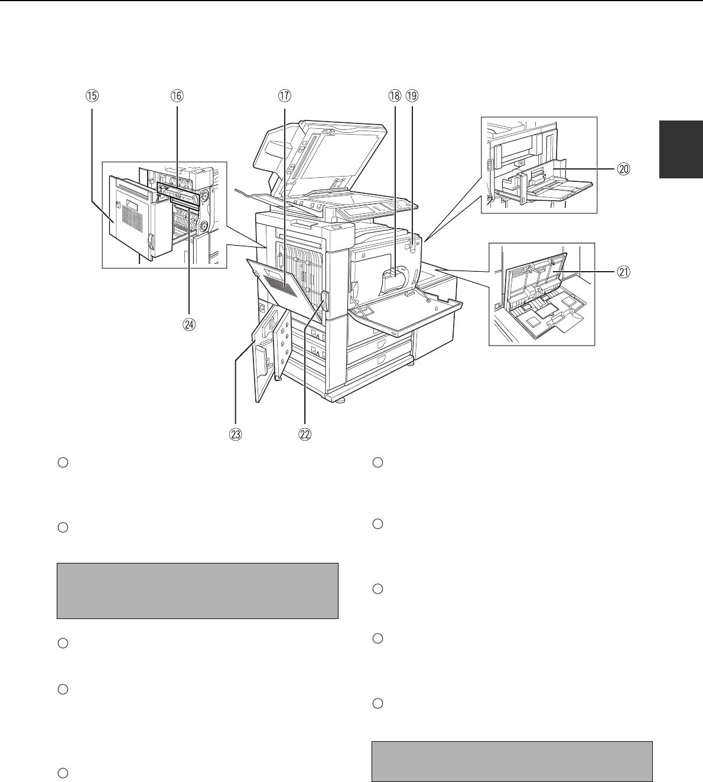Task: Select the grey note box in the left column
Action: [x=197, y=591]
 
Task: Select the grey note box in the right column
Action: [x=512, y=761]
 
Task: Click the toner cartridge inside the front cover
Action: [x=394, y=278]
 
